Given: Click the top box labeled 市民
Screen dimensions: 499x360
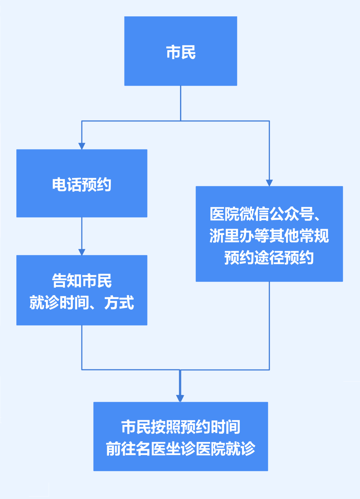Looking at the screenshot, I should click(x=180, y=51).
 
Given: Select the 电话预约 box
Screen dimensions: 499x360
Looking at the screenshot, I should click(x=82, y=183).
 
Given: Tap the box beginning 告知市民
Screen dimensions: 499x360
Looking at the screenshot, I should click(x=82, y=290).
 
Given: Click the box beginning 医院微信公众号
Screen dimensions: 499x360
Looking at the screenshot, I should click(x=269, y=234).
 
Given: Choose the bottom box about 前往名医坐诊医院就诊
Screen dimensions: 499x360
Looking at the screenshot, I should click(x=180, y=436).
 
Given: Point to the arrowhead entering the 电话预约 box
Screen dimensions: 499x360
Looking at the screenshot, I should click(x=82, y=146).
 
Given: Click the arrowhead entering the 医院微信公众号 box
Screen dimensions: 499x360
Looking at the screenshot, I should click(x=269, y=183).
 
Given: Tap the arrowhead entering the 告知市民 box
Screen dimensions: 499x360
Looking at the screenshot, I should click(x=82, y=252).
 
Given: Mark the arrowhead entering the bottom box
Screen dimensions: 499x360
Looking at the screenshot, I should click(x=180, y=398).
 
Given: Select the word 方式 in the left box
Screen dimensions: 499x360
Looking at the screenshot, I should click(x=119, y=303).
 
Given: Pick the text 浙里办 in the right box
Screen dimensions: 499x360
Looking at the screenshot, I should click(x=231, y=236).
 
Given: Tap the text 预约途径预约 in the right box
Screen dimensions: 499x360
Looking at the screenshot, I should click(x=269, y=258).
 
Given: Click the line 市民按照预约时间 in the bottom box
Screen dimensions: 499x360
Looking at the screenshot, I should click(x=180, y=427).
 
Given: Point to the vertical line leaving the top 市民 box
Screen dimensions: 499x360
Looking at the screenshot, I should click(x=180, y=103).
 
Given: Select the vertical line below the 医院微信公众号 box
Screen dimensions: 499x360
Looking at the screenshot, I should click(x=269, y=325).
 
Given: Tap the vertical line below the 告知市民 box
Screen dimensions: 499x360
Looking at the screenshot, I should click(x=82, y=347).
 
